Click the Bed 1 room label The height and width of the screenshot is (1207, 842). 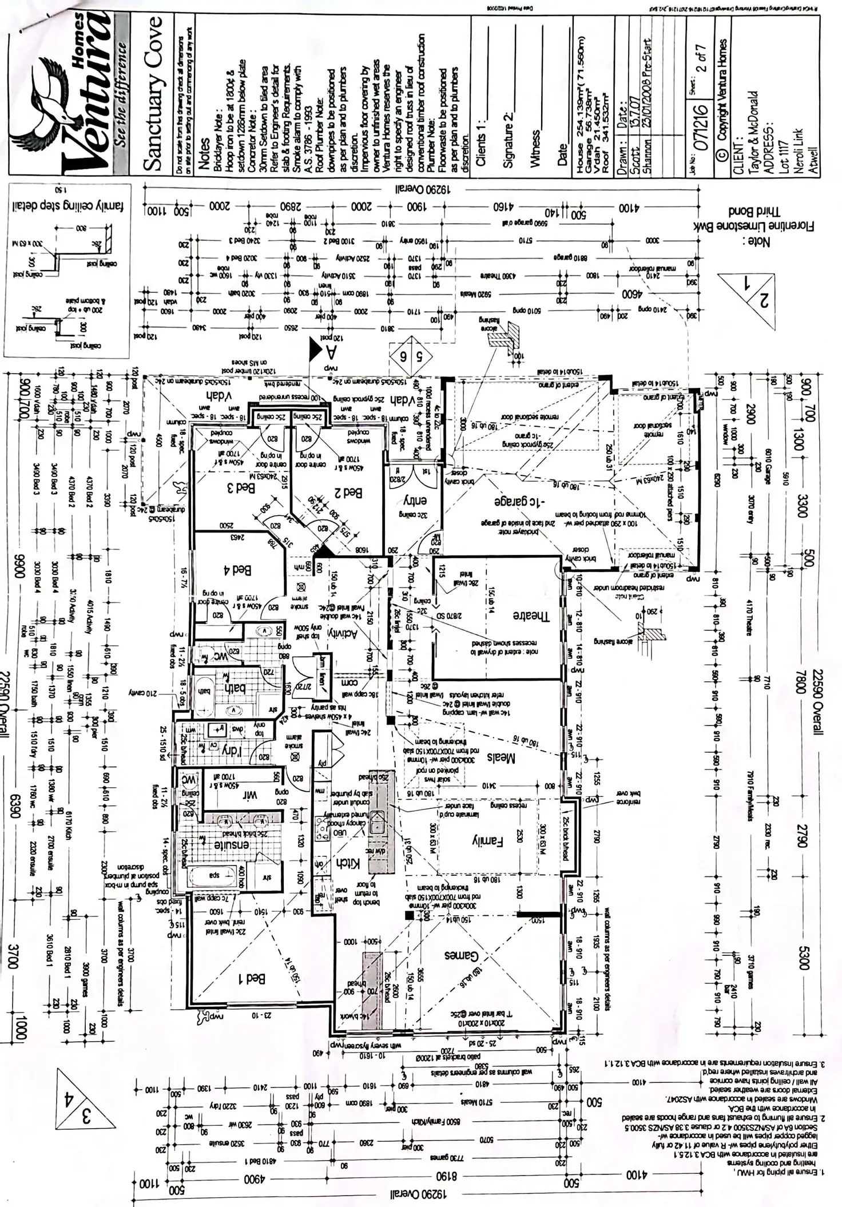coord(250,979)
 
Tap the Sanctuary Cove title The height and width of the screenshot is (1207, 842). coord(154,94)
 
